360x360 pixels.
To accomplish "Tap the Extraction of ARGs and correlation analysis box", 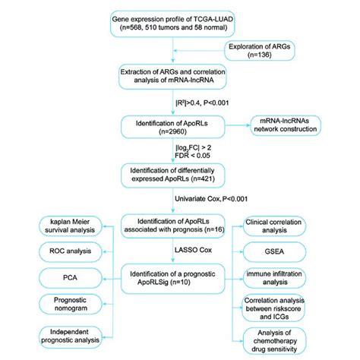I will coord(178,76).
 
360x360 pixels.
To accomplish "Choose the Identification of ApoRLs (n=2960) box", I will coord(178,125).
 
